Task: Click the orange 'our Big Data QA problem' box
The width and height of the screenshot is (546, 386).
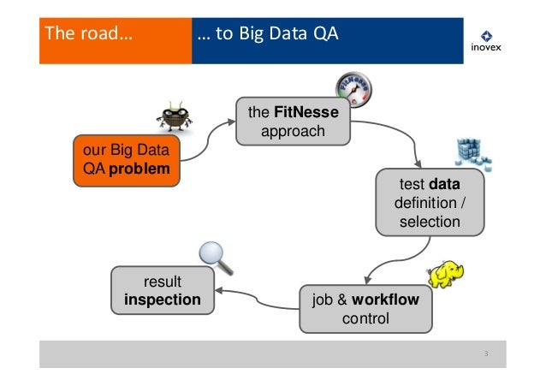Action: pos(126,159)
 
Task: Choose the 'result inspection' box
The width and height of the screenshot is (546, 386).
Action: pos(163,291)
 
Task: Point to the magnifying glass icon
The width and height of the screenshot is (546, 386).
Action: pos(211,254)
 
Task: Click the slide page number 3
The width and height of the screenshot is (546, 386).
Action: pos(485,354)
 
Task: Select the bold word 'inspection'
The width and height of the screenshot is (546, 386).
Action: pos(163,300)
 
